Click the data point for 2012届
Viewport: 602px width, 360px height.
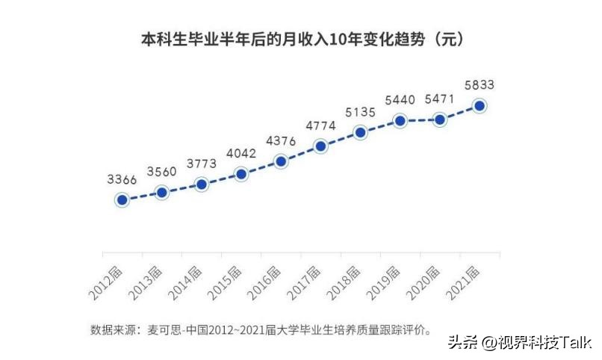(122, 200)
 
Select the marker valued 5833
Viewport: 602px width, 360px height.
(480, 106)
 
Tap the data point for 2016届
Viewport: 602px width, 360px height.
(281, 161)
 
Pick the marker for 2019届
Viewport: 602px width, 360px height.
(400, 120)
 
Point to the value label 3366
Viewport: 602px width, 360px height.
(122, 179)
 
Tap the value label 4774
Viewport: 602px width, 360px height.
(320, 125)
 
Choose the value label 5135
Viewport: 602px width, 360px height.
(361, 113)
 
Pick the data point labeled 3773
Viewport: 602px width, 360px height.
(201, 184)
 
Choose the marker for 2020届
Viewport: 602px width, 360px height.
(440, 120)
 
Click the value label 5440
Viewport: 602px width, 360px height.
(400, 99)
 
